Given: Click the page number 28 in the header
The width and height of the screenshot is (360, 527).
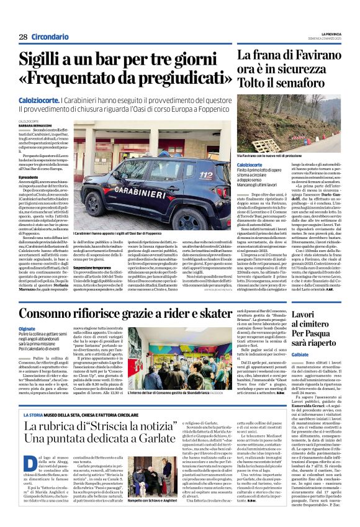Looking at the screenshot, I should (x=23, y=37).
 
